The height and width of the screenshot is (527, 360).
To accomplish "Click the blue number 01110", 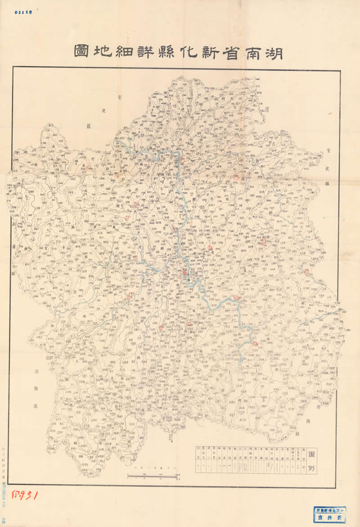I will [x=23, y=12].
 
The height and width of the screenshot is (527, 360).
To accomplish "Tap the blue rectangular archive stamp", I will [x=330, y=514].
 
